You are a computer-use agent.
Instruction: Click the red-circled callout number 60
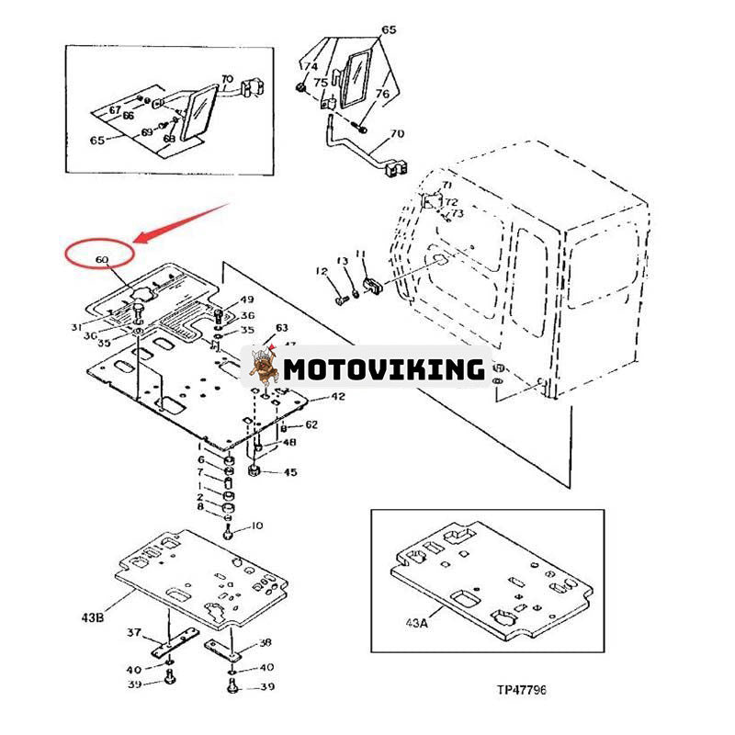tap(101, 260)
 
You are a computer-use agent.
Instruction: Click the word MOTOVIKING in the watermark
tap(382, 369)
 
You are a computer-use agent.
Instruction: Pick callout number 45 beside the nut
tap(290, 473)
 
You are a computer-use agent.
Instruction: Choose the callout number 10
tap(256, 526)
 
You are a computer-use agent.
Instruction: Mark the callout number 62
tap(311, 424)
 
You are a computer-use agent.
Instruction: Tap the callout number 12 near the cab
tap(322, 270)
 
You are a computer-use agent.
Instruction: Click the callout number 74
tap(311, 67)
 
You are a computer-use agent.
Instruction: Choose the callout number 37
tap(133, 632)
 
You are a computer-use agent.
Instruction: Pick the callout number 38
tap(266, 642)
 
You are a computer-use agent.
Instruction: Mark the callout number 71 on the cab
tap(447, 187)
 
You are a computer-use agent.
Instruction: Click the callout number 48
tap(289, 442)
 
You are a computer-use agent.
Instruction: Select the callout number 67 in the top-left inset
tap(116, 110)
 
